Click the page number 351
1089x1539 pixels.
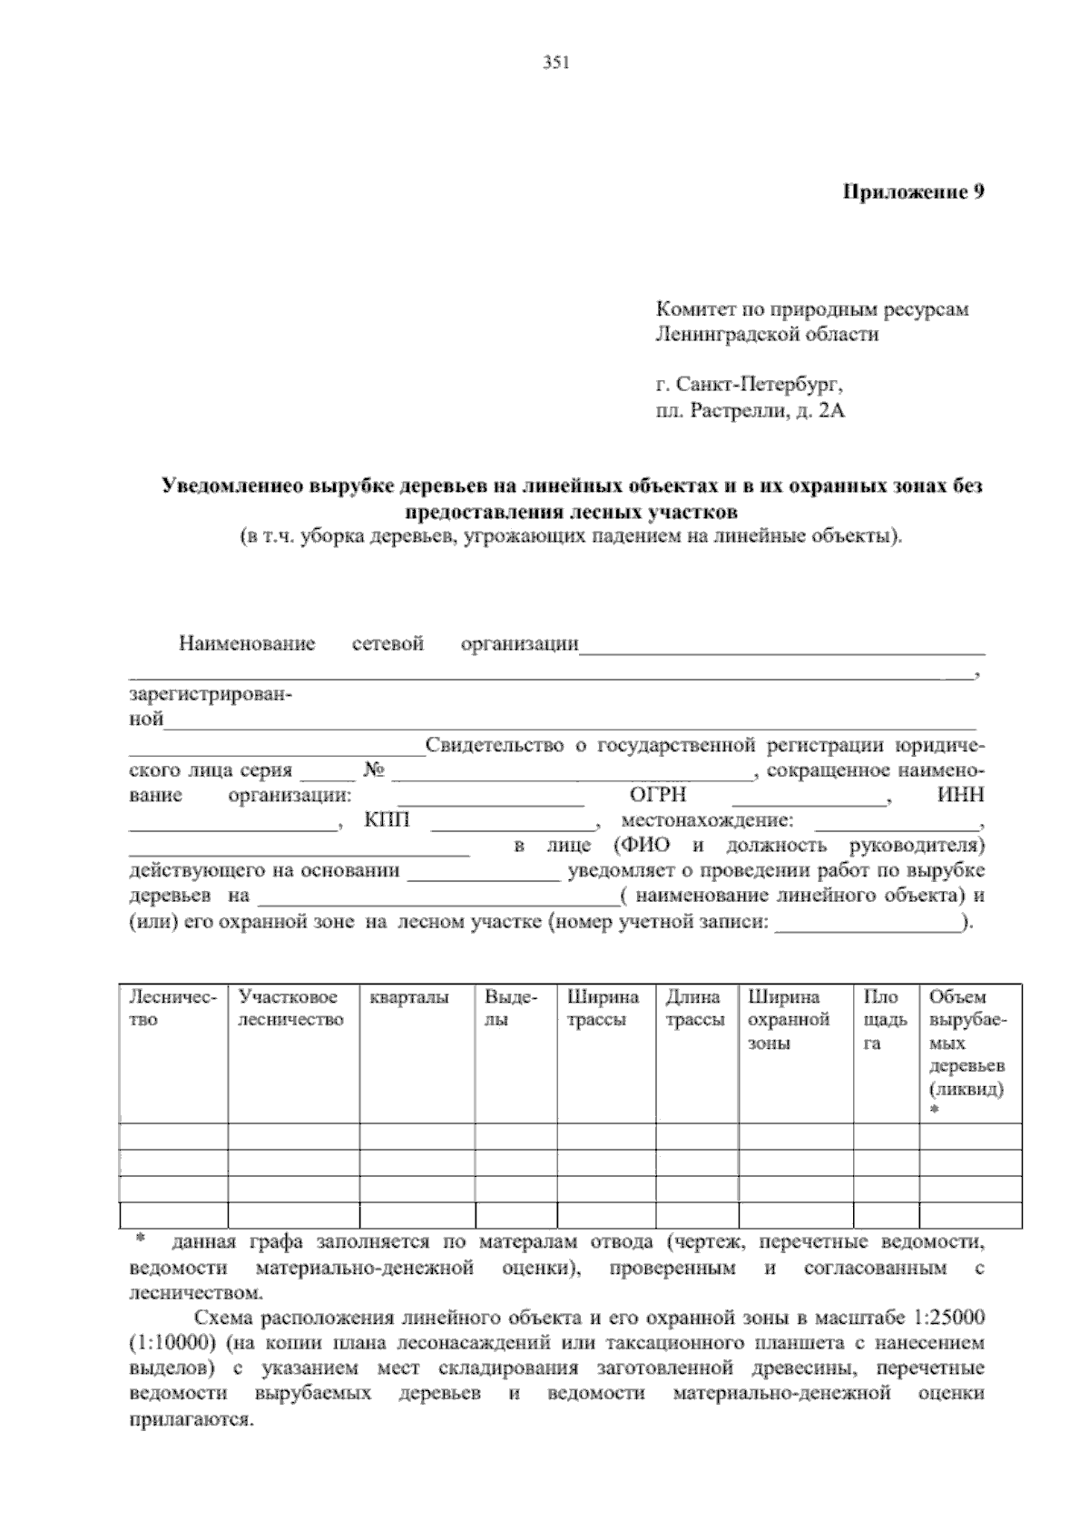[x=555, y=63]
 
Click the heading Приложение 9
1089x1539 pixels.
[x=914, y=191]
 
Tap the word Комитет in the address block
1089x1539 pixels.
[x=691, y=309]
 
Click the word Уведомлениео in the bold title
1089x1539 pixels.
[x=234, y=486]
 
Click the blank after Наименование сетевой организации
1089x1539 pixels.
[x=781, y=646]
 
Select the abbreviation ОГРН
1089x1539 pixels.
[x=658, y=796]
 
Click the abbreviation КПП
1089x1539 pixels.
[x=387, y=821]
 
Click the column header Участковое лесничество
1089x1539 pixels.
[x=291, y=1008]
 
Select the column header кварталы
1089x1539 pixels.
[x=409, y=997]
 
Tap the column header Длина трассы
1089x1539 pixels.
[x=694, y=1008]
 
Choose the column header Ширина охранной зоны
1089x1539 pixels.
[x=789, y=1020]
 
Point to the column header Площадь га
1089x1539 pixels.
[x=885, y=1020]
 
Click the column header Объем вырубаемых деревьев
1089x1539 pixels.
[x=966, y=1044]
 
